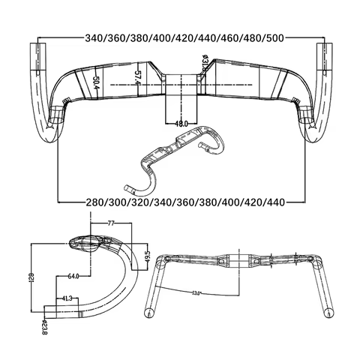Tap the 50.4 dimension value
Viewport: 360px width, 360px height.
[x=95, y=82]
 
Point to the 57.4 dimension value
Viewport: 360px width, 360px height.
[x=137, y=77]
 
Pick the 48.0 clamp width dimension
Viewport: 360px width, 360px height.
[x=180, y=123]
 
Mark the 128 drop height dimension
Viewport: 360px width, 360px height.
[x=31, y=280]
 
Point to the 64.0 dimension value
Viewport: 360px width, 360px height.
[x=73, y=276]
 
